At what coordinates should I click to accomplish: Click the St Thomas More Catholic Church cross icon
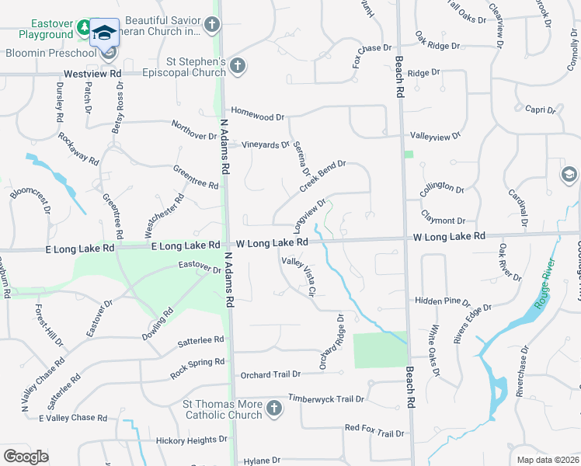pyautogui.click(x=273, y=409)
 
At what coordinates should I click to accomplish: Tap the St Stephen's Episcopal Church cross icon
pyautogui.click(x=238, y=67)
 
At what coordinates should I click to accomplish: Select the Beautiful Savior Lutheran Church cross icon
pyautogui.click(x=213, y=26)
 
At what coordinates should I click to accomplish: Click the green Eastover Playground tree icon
pyautogui.click(x=84, y=30)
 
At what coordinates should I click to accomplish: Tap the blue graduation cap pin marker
pyautogui.click(x=105, y=34)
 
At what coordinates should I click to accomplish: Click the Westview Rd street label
pyautogui.click(x=93, y=73)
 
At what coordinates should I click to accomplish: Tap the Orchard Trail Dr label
pyautogui.click(x=270, y=374)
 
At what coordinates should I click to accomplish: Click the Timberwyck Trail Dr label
pyautogui.click(x=326, y=399)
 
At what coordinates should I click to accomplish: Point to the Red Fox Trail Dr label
pyautogui.click(x=374, y=428)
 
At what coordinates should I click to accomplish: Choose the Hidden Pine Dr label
pyautogui.click(x=443, y=301)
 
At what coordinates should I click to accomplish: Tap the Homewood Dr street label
pyautogui.click(x=258, y=116)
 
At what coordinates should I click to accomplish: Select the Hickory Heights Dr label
pyautogui.click(x=190, y=440)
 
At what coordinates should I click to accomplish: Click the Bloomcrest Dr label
pyautogui.click(x=30, y=199)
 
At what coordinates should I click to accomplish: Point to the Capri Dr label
pyautogui.click(x=541, y=110)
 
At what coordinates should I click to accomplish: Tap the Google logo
pyautogui.click(x=26, y=456)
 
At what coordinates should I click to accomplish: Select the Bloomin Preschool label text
pyautogui.click(x=49, y=54)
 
